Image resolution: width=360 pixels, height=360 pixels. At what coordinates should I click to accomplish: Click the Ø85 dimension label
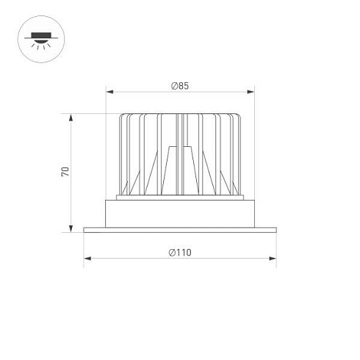click(x=180, y=86)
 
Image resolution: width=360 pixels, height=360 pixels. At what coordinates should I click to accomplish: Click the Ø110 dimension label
click(x=180, y=253)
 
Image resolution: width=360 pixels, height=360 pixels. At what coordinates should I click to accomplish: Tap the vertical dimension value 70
click(x=65, y=172)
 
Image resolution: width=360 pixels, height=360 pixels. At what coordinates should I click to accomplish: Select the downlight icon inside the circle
click(x=39, y=37)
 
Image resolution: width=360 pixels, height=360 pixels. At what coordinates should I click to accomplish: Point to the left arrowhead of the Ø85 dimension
click(x=108, y=93)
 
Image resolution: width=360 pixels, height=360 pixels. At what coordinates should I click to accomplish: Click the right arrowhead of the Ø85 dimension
click(x=253, y=93)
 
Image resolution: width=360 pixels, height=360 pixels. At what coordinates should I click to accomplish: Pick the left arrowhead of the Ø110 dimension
click(x=85, y=259)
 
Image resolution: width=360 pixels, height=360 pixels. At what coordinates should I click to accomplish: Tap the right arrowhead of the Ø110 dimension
click(x=275, y=259)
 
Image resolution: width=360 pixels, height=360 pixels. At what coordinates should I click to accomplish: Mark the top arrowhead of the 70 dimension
click(x=71, y=116)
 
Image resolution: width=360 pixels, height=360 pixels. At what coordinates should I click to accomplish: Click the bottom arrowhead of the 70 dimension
click(x=71, y=228)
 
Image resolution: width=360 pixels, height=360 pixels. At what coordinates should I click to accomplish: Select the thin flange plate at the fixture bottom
click(x=180, y=230)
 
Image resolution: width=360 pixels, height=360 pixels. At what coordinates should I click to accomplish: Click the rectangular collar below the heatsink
click(x=180, y=213)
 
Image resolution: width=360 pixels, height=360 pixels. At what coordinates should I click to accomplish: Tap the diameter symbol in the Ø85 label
click(x=173, y=86)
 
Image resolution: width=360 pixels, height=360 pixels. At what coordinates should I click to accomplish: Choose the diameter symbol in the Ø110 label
click(x=171, y=253)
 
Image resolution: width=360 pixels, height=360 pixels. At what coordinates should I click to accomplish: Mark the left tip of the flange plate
click(x=84, y=230)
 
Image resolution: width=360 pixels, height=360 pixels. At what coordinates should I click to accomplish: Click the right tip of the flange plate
click(x=276, y=230)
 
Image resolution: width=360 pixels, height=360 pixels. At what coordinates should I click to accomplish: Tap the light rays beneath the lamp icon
click(x=39, y=44)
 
